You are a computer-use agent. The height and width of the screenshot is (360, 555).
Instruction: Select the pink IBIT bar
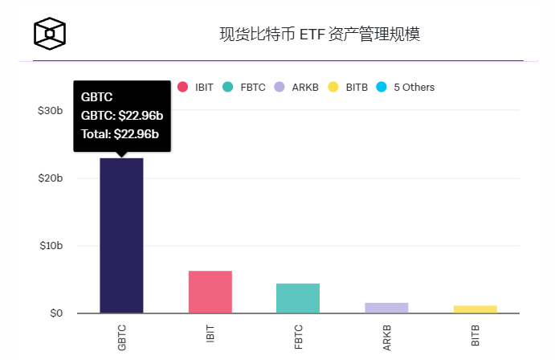210,292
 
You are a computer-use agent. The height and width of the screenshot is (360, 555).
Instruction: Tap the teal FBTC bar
298,298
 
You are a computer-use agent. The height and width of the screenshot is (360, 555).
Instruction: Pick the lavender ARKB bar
386,308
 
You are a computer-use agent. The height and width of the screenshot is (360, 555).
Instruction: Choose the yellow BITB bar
475,309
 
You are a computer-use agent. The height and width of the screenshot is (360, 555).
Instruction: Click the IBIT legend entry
196,87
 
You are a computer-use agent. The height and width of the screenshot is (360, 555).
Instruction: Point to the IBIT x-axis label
210,334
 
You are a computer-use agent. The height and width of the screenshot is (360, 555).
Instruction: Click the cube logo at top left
49,33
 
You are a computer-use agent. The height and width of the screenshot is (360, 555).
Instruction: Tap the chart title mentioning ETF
320,34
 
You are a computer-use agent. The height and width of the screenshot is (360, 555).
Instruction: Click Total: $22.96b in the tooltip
120,133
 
